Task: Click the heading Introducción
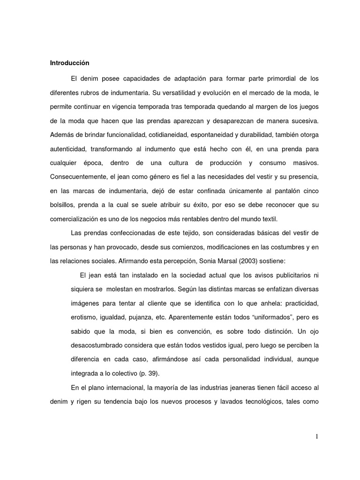tap(69, 62)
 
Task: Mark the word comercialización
tap(77, 219)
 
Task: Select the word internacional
tap(121, 388)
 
